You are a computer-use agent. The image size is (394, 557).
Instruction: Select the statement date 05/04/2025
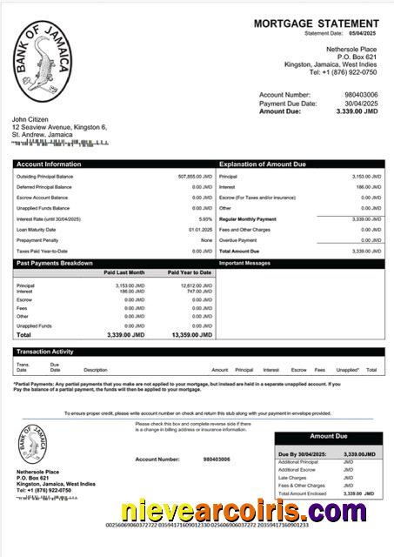[x=363, y=34]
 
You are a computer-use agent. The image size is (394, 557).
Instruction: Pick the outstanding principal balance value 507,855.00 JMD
[x=194, y=176]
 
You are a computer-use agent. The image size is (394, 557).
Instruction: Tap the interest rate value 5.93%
[x=205, y=219]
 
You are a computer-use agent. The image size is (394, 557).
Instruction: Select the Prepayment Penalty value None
[x=206, y=240]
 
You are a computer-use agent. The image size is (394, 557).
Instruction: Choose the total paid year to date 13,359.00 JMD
[x=190, y=334]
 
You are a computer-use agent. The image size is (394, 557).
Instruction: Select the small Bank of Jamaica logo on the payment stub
[x=35, y=446]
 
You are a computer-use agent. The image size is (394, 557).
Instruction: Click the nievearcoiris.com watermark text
[x=243, y=511]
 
